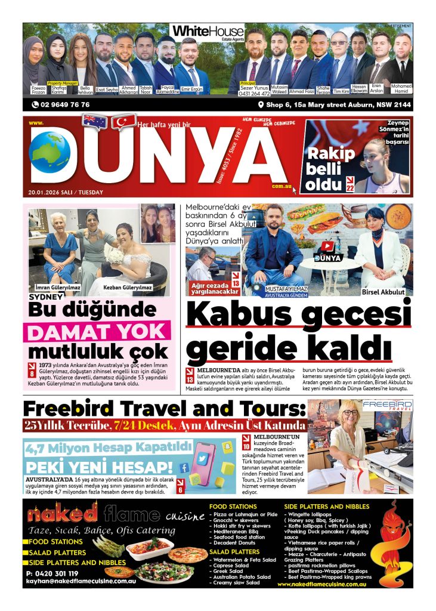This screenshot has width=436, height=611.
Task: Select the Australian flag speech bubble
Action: point(95,121)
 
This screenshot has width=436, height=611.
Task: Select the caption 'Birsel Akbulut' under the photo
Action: point(383,292)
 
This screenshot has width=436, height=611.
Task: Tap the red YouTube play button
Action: point(328,245)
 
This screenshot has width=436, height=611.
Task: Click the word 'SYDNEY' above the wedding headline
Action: point(46,297)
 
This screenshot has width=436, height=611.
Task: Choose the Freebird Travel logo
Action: point(387,406)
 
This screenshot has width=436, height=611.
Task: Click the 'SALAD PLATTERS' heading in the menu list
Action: point(234,552)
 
